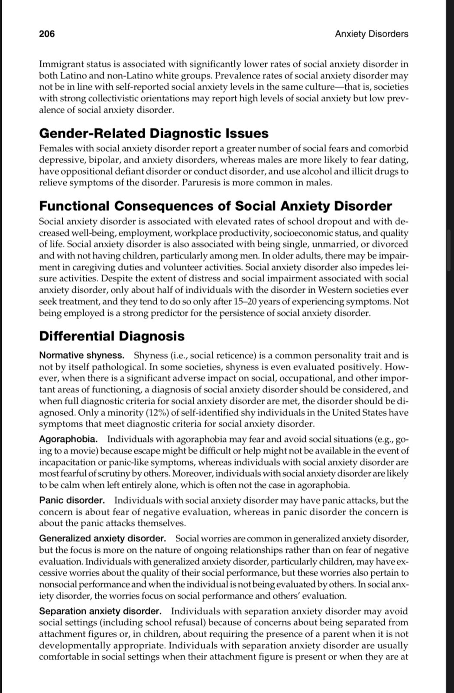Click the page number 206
pos(47,34)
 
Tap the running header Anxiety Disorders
pos(371,34)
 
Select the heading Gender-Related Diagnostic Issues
pos(153,133)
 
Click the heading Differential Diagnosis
pos(111,336)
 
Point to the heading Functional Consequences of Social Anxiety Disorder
pos(215,206)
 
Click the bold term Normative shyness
pos(81,356)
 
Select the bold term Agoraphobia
pos(68,440)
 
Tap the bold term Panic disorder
pos(72,500)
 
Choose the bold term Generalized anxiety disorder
pos(102,538)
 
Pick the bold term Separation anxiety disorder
pos(100,611)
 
